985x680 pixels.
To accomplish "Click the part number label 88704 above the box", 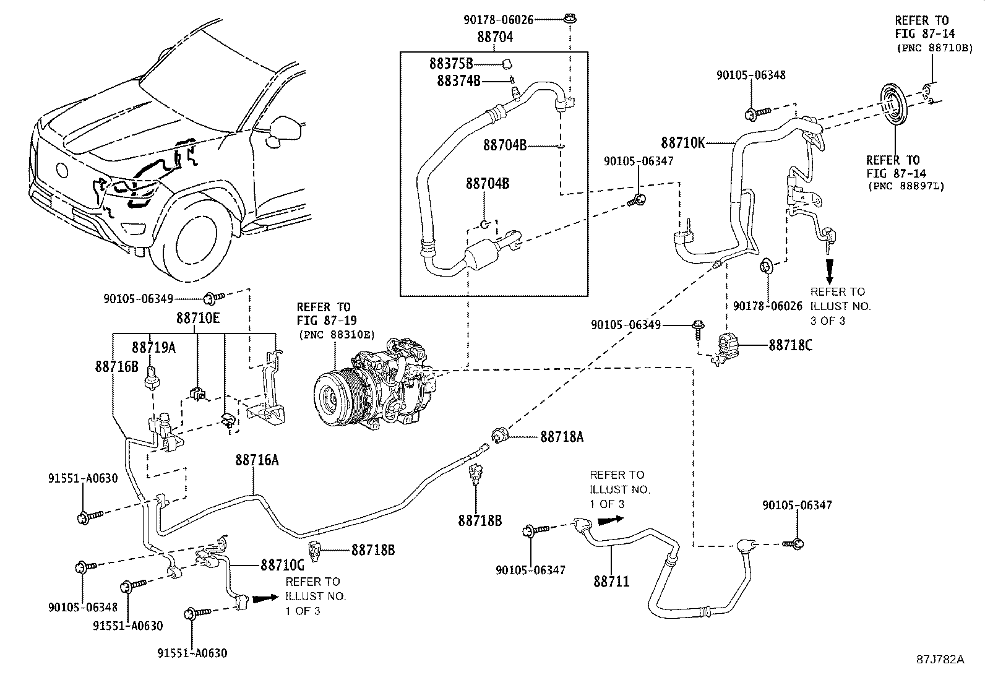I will [495, 37].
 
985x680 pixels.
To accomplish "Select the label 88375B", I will [451, 63].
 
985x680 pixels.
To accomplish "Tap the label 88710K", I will [683, 142].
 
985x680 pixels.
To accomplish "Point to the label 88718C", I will [790, 345].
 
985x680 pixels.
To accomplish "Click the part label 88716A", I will [257, 460].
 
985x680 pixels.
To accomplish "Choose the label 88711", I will [611, 581].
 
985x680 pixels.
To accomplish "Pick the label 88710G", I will [282, 565].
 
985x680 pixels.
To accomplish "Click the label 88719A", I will [153, 348].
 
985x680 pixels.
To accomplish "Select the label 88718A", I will [562, 437].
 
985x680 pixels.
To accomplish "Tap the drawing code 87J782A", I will [940, 659].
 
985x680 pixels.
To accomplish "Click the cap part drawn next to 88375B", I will [507, 63].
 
